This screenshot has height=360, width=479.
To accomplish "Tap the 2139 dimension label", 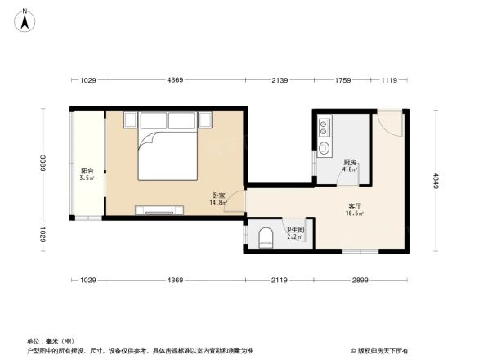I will [x=280, y=80].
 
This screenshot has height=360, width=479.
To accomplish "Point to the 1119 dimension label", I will [x=388, y=80].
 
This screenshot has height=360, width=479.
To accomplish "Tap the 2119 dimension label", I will [x=279, y=281].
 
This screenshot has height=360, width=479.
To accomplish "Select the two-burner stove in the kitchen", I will [x=325, y=128].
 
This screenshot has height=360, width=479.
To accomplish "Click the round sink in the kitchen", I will [x=325, y=149].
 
